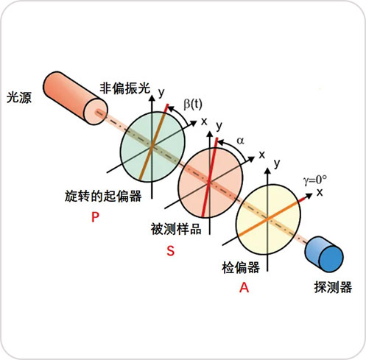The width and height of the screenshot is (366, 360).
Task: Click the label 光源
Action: (19, 97)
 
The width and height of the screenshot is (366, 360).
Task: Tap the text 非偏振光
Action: (124, 88)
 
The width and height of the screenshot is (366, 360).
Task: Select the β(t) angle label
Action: (193, 105)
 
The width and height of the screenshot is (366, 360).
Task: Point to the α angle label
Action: (240, 141)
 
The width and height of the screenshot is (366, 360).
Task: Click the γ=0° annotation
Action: (315, 180)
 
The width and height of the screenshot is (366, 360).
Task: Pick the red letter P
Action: (95, 217)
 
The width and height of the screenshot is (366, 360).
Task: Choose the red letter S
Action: (171, 251)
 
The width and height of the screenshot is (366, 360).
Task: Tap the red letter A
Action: (244, 287)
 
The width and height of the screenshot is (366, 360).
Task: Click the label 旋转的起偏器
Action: (103, 197)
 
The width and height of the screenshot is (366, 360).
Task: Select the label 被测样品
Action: (176, 229)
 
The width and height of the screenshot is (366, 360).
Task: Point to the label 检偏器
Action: (241, 267)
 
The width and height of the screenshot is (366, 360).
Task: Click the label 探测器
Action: (333, 287)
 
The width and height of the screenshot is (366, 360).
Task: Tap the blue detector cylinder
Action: (324, 255)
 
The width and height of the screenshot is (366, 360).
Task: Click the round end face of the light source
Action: (96, 112)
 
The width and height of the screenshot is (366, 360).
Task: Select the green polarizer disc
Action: (152, 147)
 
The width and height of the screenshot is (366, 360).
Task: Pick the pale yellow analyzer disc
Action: (268, 219)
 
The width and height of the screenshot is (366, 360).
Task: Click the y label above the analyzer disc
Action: (277, 163)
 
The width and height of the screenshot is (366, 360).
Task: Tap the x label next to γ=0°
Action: (320, 193)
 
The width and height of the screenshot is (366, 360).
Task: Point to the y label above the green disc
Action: (161, 92)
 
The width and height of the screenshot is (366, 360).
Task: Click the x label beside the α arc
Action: (262, 155)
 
